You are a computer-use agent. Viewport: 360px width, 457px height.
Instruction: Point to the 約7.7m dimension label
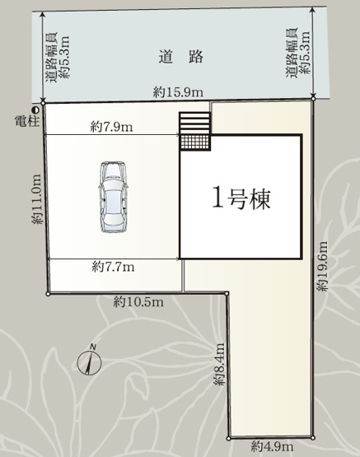pyautogui.click(x=113, y=266)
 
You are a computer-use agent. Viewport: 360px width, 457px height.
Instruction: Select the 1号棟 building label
pyautogui.click(x=241, y=198)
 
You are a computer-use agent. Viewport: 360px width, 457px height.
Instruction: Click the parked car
pyautogui.click(x=111, y=197)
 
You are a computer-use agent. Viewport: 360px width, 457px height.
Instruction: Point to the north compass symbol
pyautogui.click(x=89, y=363)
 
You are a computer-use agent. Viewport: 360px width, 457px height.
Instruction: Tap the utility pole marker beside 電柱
pyautogui.click(x=35, y=109)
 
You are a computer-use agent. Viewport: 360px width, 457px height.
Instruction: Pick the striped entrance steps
pyautogui.click(x=195, y=124)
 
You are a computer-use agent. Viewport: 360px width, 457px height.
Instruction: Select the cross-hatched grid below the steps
pyautogui.click(x=195, y=142)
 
